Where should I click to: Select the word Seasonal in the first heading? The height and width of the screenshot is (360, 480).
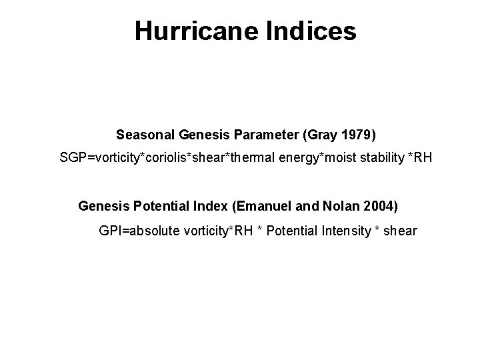click(x=145, y=135)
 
